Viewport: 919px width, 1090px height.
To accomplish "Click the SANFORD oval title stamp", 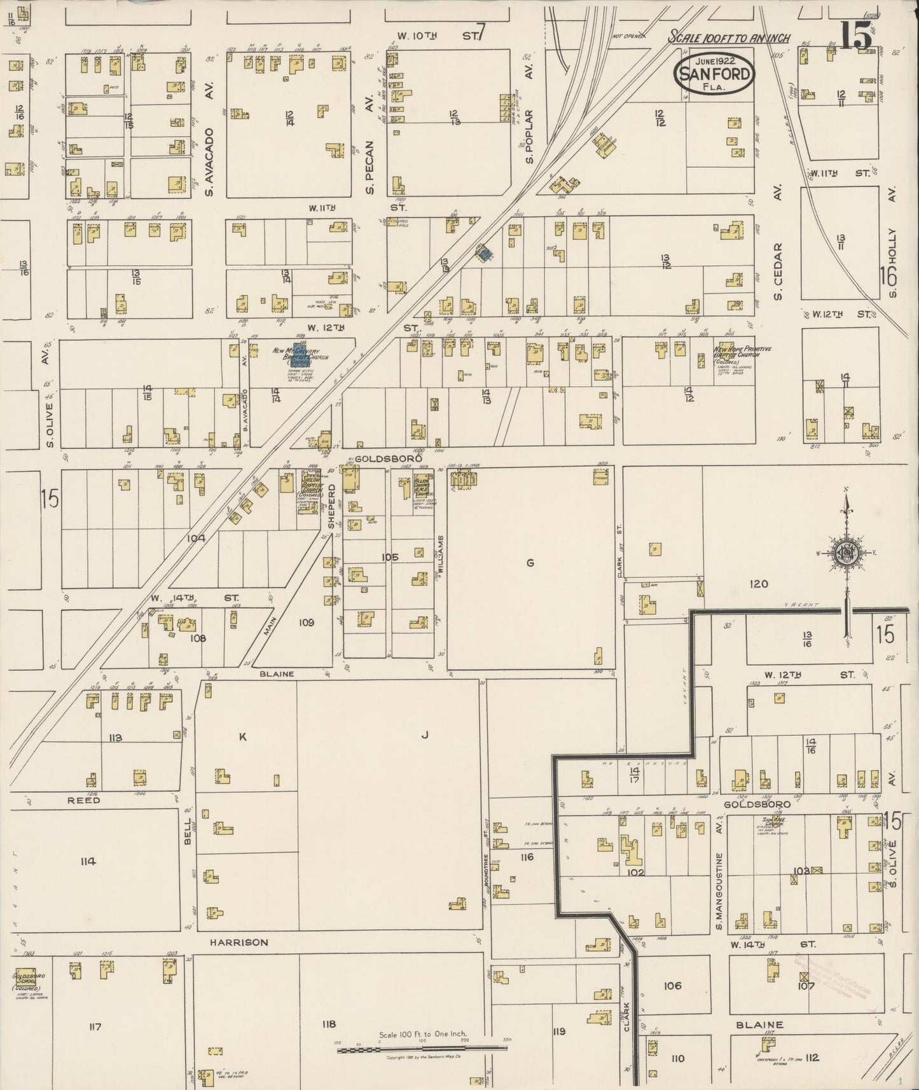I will (714, 72).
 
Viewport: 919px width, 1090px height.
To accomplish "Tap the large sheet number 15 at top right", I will (856, 36).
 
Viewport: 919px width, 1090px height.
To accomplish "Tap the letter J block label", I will (424, 736).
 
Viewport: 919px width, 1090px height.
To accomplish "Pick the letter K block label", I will (242, 737).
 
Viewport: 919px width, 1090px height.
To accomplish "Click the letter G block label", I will (529, 562).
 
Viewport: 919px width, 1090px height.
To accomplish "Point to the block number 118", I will (328, 1024).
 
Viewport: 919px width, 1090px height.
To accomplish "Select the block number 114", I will (88, 862).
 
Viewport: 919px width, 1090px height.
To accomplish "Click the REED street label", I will (84, 800).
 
